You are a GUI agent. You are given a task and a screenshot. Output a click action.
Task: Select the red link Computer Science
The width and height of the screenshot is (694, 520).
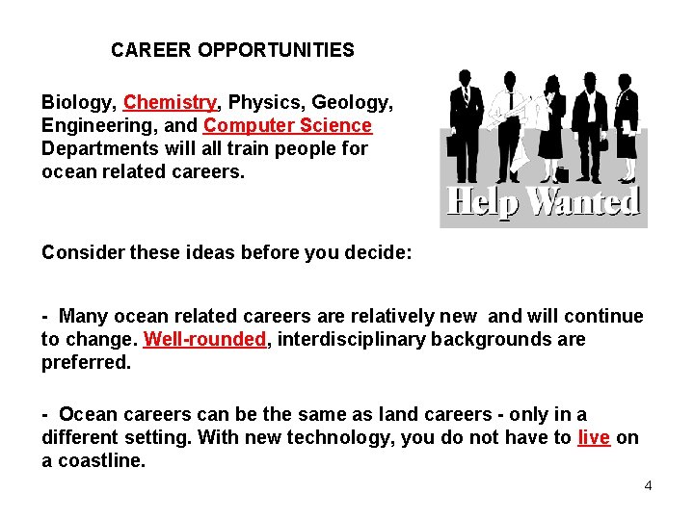(287, 125)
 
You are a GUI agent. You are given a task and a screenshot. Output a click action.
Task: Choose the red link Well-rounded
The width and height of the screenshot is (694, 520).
(204, 339)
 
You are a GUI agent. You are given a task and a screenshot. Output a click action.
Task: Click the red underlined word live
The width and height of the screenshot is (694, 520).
(593, 437)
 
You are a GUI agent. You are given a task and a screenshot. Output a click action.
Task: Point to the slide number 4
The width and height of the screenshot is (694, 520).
(648, 485)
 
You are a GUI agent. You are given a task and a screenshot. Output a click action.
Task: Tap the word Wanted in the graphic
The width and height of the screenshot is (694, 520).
(585, 202)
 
